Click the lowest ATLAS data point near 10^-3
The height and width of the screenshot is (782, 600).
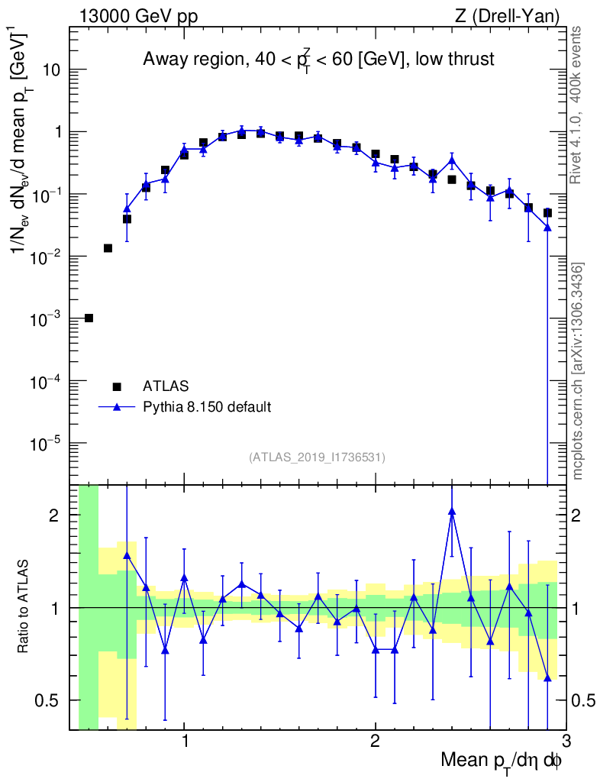click(89, 318)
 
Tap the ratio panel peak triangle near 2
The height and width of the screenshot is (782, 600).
click(452, 512)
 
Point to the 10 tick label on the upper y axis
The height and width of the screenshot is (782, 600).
click(50, 70)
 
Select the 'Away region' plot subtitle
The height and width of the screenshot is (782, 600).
click(318, 60)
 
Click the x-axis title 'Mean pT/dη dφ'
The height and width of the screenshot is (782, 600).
click(502, 761)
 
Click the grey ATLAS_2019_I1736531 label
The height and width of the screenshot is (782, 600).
click(317, 457)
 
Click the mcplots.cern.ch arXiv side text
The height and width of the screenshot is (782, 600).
click(578, 371)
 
